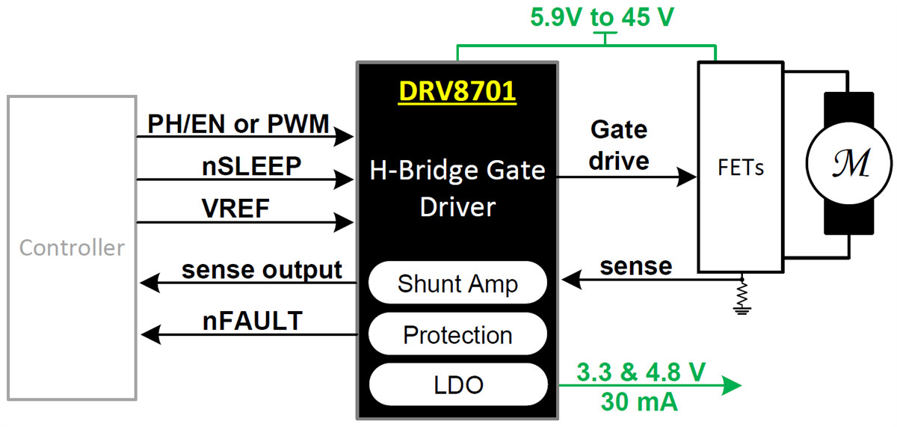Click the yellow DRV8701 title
[x=457, y=91]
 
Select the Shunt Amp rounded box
[x=457, y=284]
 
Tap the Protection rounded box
[x=457, y=334]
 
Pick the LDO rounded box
[x=457, y=384]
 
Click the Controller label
[x=72, y=248]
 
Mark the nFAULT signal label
[x=253, y=321]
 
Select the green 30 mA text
[x=639, y=403]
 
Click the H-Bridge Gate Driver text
[x=457, y=188]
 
